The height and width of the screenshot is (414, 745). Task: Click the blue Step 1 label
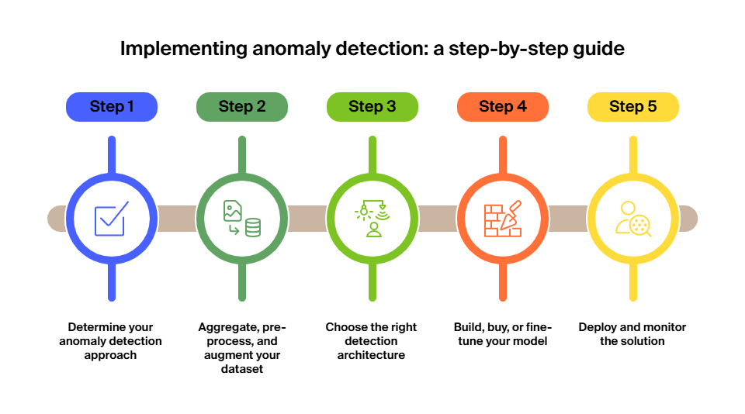(x=111, y=107)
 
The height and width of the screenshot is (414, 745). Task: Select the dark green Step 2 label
(x=241, y=107)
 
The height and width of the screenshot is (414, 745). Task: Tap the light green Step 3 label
(x=372, y=107)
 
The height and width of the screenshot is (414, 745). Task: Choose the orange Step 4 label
(x=502, y=107)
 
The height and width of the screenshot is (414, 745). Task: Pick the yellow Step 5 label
(x=632, y=107)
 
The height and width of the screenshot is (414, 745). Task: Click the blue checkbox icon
(x=110, y=219)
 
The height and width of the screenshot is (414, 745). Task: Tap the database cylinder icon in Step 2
(x=253, y=227)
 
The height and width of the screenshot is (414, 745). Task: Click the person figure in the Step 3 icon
(x=374, y=229)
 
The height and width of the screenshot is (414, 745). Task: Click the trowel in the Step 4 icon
(x=511, y=214)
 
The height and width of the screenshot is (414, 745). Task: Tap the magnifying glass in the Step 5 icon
(x=640, y=226)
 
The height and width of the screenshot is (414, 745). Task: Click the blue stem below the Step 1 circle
(x=112, y=282)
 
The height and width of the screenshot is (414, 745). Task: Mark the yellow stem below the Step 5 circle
(x=633, y=282)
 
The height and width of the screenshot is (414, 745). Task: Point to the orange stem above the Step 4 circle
(x=503, y=154)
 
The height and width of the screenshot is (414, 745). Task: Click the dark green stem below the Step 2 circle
(x=242, y=282)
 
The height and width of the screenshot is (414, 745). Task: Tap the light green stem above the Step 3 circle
(x=372, y=154)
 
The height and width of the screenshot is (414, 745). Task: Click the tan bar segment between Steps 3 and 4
(x=438, y=219)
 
